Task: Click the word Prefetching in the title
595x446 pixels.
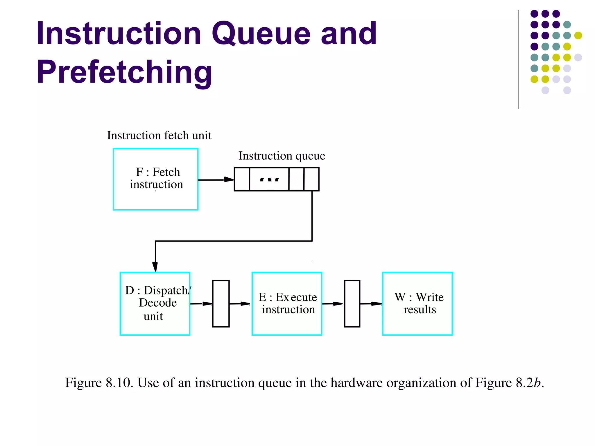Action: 124,72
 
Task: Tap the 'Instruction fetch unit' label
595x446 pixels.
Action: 159,136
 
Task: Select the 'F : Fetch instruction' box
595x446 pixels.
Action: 155,179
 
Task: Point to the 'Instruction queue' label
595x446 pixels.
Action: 282,156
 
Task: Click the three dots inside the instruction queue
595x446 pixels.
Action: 269,180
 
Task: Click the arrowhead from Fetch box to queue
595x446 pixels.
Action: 229,179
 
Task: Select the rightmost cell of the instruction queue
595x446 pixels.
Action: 311,179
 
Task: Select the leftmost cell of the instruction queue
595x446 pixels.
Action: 242,179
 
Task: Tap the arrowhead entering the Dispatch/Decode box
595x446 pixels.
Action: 155,267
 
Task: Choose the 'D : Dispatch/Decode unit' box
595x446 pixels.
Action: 155,303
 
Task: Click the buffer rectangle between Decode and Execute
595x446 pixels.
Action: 221,303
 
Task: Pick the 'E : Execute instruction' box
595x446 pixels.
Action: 287,303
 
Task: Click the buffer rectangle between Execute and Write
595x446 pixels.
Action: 352,303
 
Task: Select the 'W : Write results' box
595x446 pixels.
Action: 417,303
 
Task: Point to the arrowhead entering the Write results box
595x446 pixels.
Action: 377,304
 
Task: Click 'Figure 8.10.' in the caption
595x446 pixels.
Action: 99,383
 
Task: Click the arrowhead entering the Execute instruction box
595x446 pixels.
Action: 245,304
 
